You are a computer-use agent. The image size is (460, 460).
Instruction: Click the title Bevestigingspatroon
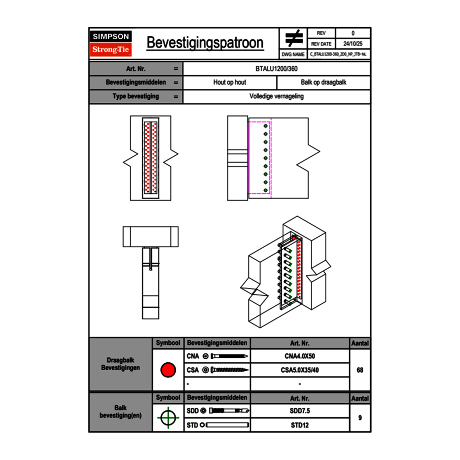tap(205, 43)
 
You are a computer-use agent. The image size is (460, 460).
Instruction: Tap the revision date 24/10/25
tap(353, 44)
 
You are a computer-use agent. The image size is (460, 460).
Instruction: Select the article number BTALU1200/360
tap(277, 69)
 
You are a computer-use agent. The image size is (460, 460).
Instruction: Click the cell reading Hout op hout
tap(229, 83)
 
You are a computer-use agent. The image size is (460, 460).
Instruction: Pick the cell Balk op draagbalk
tap(324, 83)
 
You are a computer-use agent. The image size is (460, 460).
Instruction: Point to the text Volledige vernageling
tap(277, 97)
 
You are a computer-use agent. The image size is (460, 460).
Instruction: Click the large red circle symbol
tap(168, 370)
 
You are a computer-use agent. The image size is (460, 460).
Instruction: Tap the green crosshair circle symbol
tap(168, 418)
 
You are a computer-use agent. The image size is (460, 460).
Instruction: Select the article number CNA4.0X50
tap(300, 356)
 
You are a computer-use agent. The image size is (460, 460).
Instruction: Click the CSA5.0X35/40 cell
tap(300, 370)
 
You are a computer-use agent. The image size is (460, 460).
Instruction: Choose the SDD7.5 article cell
tap(300, 411)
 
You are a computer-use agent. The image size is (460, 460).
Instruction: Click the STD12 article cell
tap(300, 425)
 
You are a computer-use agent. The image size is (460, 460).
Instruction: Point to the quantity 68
tap(360, 370)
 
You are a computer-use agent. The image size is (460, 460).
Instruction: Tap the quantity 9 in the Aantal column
tap(360, 418)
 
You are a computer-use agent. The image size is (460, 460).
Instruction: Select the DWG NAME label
tap(293, 54)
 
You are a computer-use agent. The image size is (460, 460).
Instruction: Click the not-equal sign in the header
tap(293, 38)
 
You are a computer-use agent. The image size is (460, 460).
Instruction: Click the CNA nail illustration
tap(229, 356)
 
